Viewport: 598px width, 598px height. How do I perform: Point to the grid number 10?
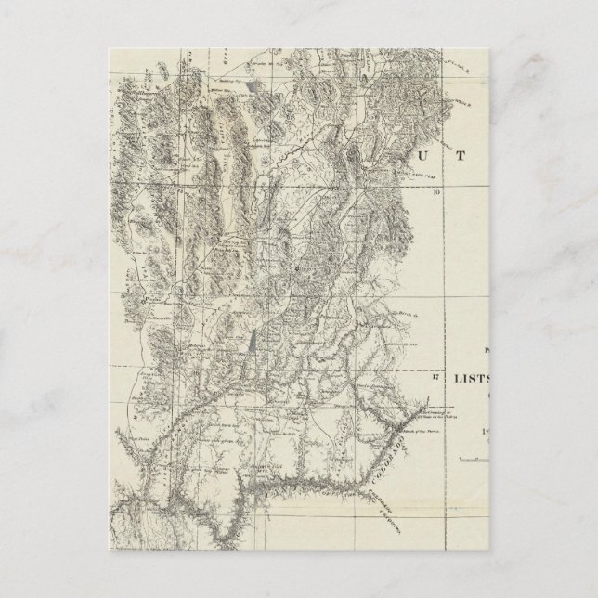tap(435, 193)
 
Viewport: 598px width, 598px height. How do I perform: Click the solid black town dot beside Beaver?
tap(296, 267)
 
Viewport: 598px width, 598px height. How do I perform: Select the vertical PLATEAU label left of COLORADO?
tap(342, 433)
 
